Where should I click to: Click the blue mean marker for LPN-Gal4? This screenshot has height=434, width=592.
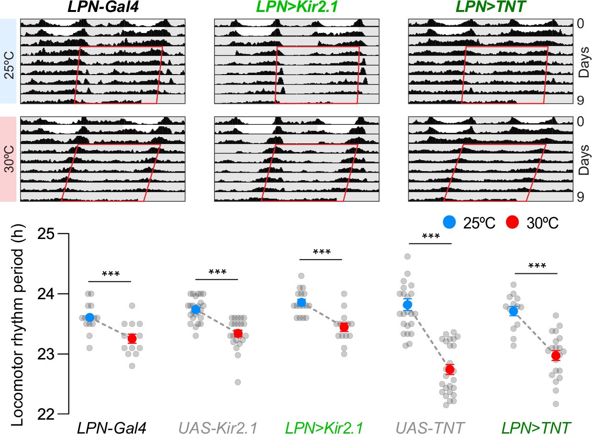pos(89,317)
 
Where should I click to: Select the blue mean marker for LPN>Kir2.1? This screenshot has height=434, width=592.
pos(302,302)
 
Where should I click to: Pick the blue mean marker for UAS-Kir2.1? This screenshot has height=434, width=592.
pos(195,309)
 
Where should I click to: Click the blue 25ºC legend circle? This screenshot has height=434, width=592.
pos(448,222)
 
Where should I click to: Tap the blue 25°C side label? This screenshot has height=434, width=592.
pos(9,61)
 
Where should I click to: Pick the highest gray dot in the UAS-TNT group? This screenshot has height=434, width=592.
pos(407,257)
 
